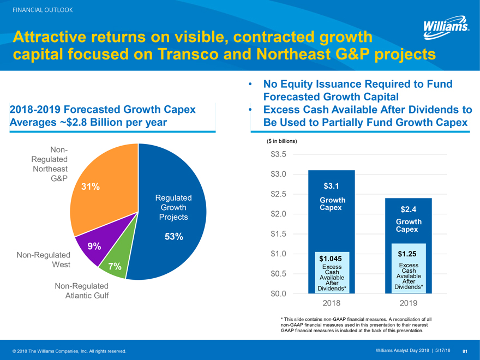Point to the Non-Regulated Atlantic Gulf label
pos(82,291)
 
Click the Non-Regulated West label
pos(44,260)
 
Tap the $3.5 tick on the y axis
pos(279,154)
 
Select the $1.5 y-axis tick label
pos(279,234)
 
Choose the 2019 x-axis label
pos(409,303)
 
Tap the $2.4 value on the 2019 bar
pos(409,209)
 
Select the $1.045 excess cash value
pos(331,258)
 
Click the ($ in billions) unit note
pos(282,141)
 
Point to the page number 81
pos(465,350)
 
